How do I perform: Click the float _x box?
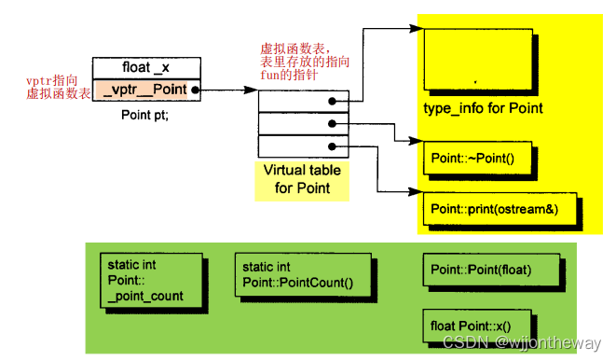point(146,67)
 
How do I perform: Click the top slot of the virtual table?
point(302,102)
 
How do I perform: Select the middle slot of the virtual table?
point(302,123)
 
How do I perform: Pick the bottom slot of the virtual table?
point(302,146)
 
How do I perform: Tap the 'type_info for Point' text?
point(483,109)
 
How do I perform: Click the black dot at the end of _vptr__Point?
point(195,90)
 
